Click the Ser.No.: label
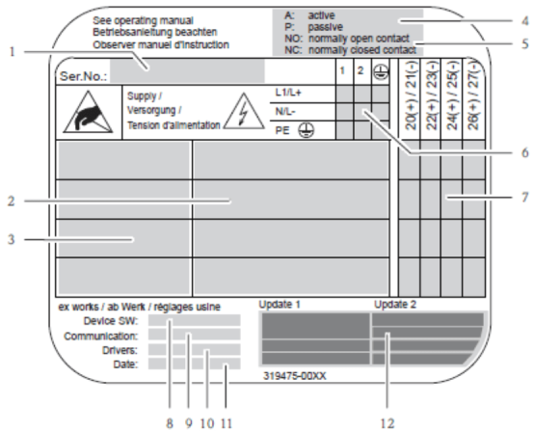click(83, 76)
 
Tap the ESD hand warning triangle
click(89, 112)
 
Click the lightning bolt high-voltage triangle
click(244, 112)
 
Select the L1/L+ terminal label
click(288, 93)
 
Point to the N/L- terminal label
click(285, 112)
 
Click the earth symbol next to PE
click(307, 130)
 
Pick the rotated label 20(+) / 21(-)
click(412, 95)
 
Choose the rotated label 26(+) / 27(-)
click(473, 94)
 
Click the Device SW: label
click(111, 321)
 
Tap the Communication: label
click(101, 336)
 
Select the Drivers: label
click(120, 350)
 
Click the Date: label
click(125, 364)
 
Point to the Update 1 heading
click(280, 305)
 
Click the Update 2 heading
click(395, 305)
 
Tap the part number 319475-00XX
click(295, 376)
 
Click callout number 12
click(387, 424)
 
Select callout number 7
click(524, 198)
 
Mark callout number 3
click(12, 239)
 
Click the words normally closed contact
click(362, 50)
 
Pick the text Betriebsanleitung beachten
click(155, 32)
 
